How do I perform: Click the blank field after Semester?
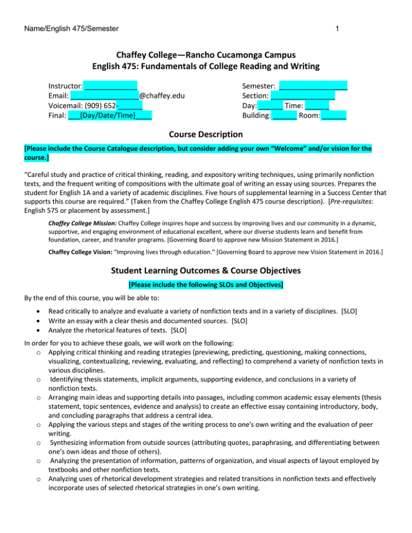point(313,85)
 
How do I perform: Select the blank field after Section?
point(303,95)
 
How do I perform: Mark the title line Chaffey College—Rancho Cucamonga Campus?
point(206,55)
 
